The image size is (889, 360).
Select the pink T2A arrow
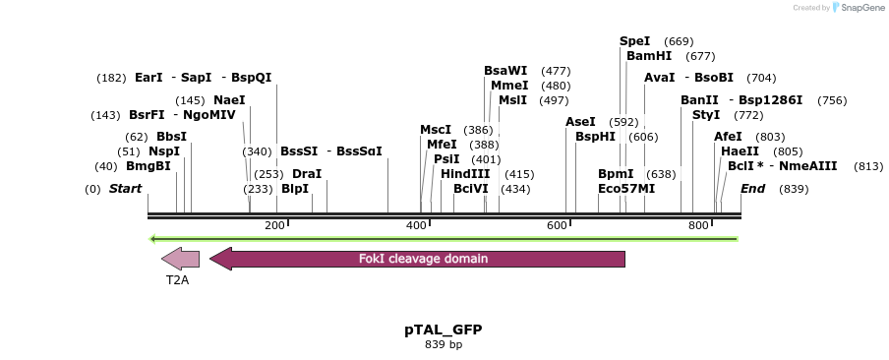[x=180, y=259]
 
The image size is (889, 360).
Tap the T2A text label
[x=177, y=279]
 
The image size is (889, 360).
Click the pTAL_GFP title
[x=444, y=330]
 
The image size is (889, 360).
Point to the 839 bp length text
[x=444, y=345]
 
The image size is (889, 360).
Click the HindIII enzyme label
[x=465, y=174]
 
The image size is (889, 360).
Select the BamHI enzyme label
[x=649, y=56]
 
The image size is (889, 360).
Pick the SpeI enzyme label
[x=634, y=41]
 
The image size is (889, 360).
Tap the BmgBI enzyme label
[x=148, y=166]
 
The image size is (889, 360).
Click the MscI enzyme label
[x=436, y=130]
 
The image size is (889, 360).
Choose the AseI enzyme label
[x=580, y=122]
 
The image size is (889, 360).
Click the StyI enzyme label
[x=706, y=115]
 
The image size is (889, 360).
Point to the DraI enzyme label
[x=307, y=174]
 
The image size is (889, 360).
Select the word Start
[x=125, y=189]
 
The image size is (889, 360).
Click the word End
[x=752, y=189]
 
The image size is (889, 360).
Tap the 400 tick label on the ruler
[x=416, y=226]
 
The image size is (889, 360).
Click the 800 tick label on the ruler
[x=698, y=226]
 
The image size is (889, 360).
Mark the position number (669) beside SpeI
[x=679, y=41]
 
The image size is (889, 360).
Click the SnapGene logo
[x=858, y=8]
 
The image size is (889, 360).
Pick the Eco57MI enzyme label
[x=626, y=189]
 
